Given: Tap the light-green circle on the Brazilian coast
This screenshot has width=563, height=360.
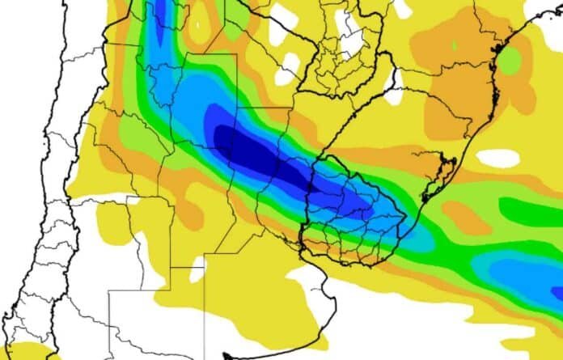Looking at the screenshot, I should tap(509, 58).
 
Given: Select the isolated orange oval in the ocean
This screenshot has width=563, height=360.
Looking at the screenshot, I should tap(464, 217).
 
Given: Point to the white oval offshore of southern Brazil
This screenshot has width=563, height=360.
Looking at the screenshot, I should tap(497, 157).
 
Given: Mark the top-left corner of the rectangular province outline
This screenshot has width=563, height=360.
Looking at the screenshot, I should tap(110, 292).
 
